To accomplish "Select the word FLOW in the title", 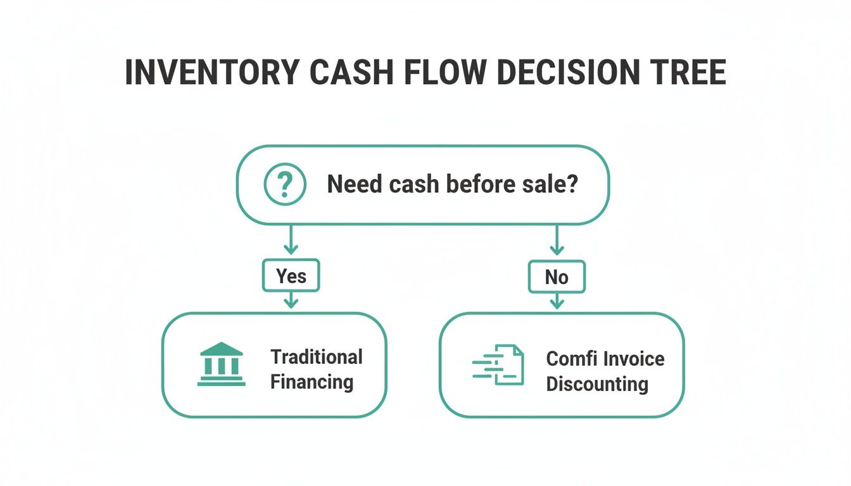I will tap(444, 73).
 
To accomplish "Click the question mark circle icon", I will tap(285, 185).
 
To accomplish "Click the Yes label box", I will tap(291, 276).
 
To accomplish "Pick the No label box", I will tap(557, 277).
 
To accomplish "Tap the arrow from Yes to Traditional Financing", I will tap(291, 300).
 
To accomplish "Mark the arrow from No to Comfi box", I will tap(557, 301).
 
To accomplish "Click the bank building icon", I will tap(221, 364).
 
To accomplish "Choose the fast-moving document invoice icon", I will tap(499, 365).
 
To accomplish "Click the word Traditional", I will tap(317, 356).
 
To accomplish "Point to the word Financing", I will tap(312, 382).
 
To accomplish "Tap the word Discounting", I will tap(597, 384).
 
